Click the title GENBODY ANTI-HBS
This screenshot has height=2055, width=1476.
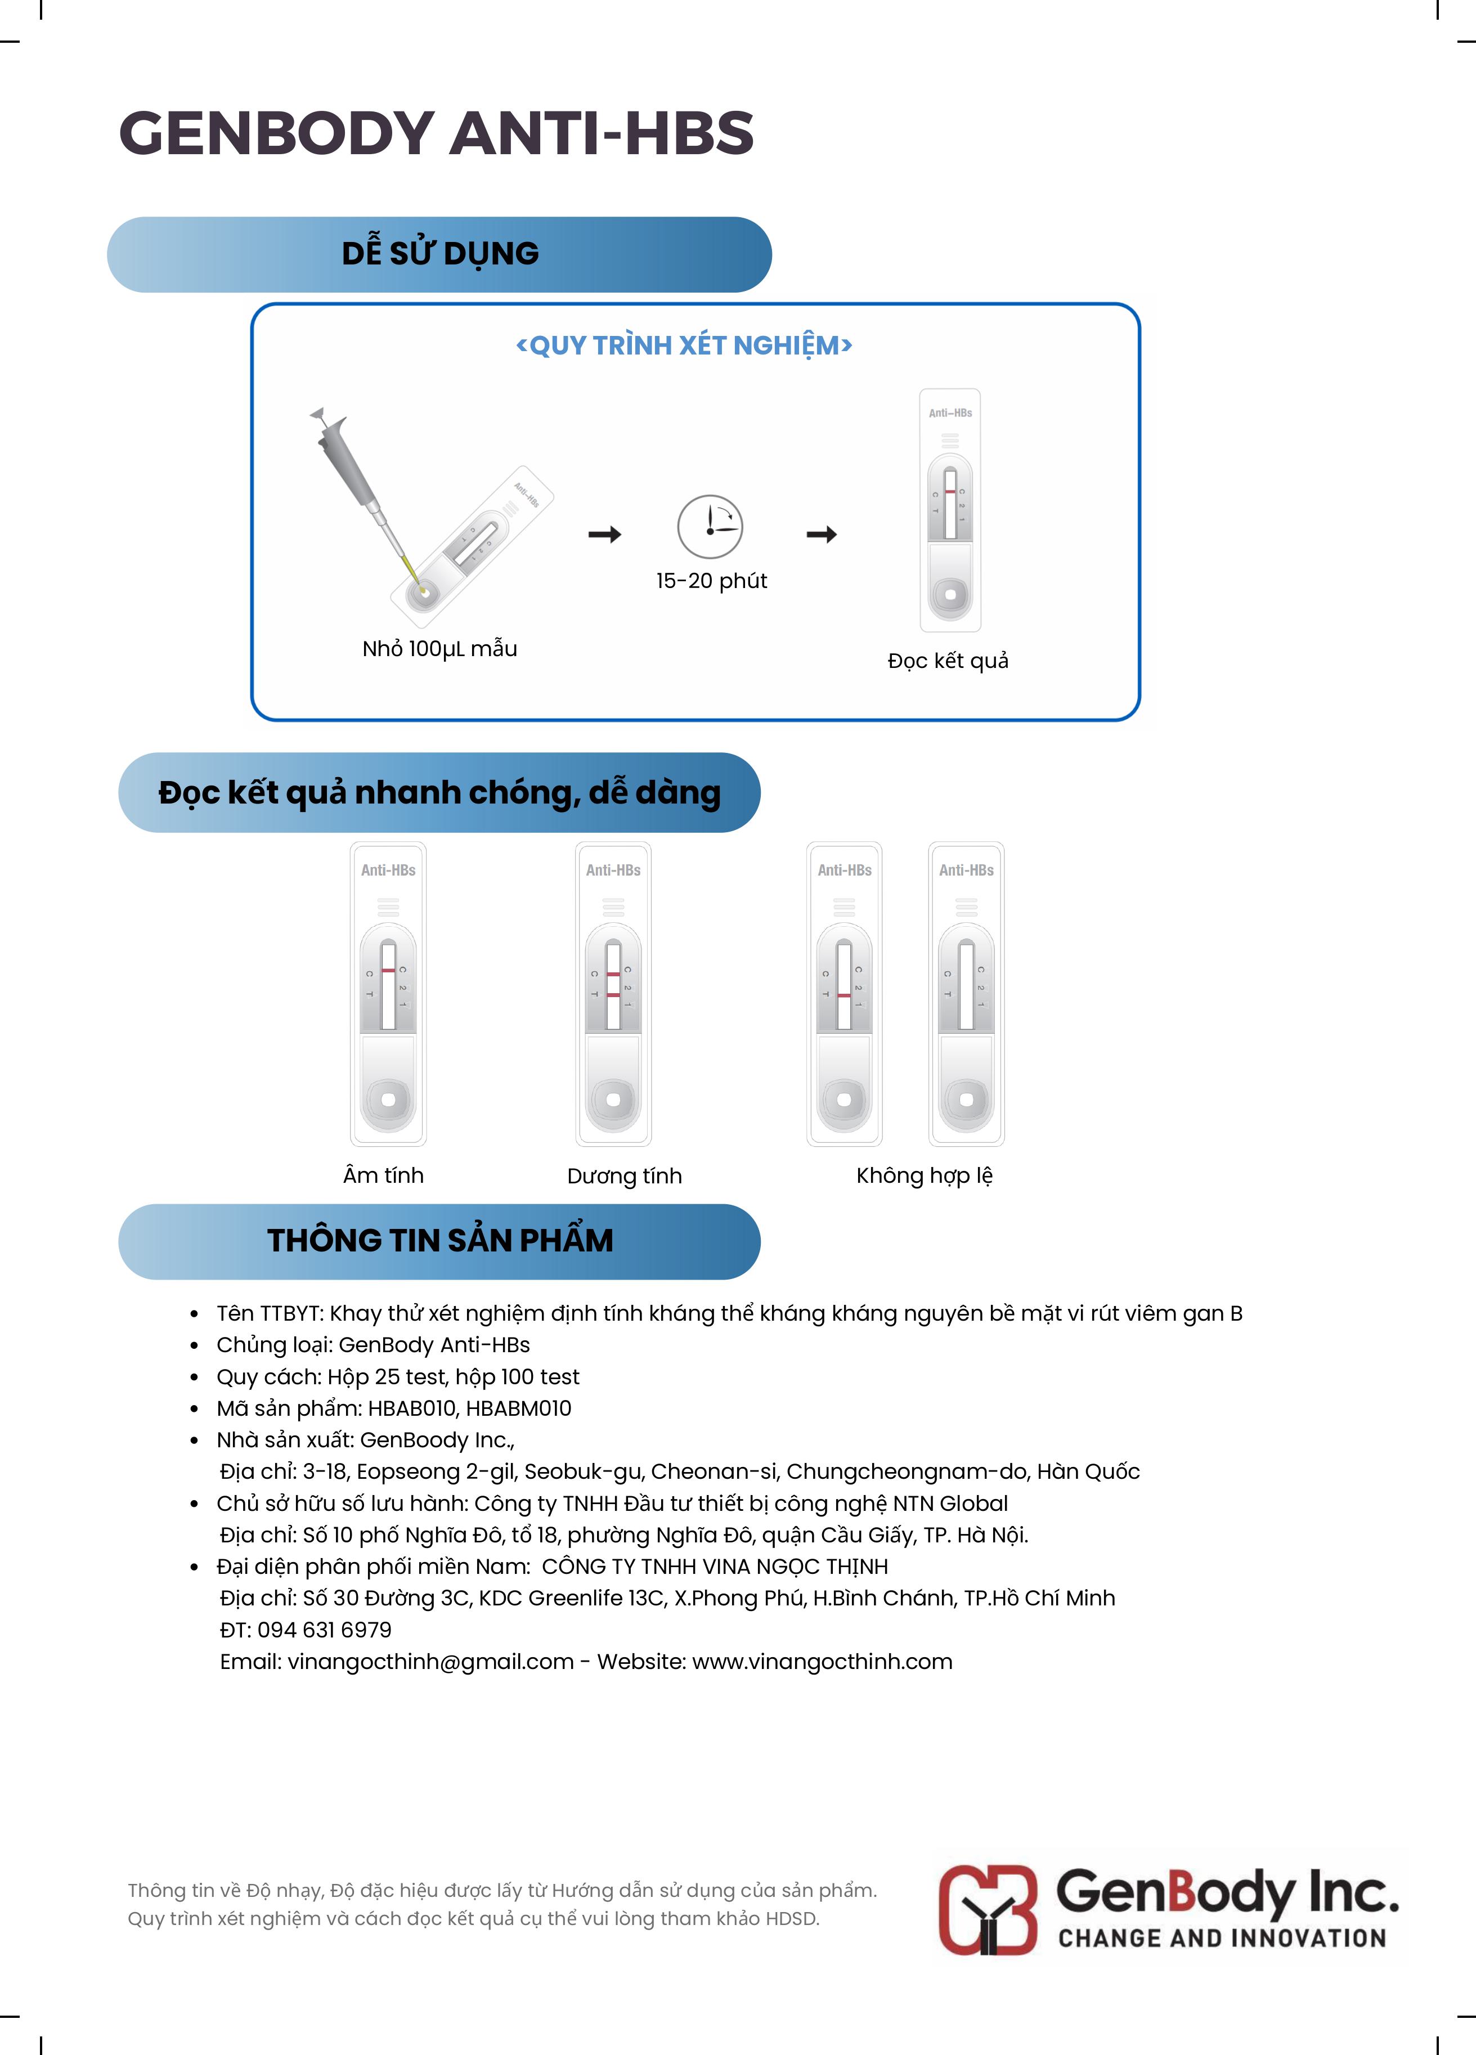[x=436, y=133]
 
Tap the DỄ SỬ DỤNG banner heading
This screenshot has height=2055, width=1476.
[x=441, y=254]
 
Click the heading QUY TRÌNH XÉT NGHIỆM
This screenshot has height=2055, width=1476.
[x=684, y=345]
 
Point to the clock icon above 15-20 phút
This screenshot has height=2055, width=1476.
[x=710, y=527]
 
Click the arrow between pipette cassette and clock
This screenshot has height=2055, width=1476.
[x=604, y=535]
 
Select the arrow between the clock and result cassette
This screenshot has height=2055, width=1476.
[x=822, y=535]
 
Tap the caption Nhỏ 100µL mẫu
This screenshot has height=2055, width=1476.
[x=439, y=649]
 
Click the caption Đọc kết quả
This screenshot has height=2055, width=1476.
[x=948, y=661]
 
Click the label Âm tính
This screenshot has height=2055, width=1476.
[x=383, y=1175]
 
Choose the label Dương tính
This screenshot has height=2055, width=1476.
[x=624, y=1176]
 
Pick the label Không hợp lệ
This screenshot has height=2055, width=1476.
[x=924, y=1175]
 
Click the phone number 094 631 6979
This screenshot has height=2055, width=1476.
[x=324, y=1630]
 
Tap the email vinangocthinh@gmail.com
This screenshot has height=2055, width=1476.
[x=430, y=1662]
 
